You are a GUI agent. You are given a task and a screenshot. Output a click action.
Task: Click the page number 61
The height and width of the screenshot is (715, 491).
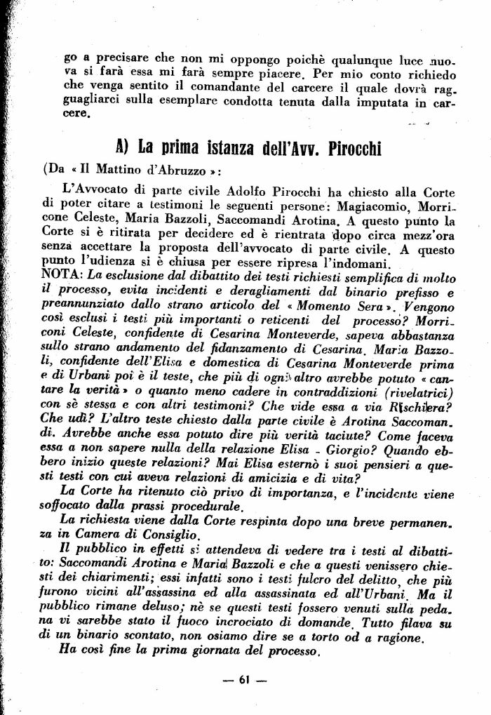244,679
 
